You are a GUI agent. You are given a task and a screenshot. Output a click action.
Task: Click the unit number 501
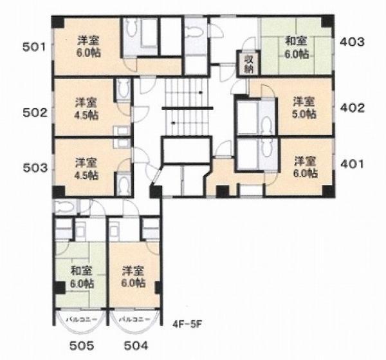point(34,47)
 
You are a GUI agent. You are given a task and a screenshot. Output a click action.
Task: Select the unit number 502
point(35,113)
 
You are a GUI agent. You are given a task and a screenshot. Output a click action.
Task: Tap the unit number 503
point(35,168)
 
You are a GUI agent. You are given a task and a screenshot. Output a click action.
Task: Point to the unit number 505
point(82,346)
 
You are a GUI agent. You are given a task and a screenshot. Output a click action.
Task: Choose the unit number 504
point(136,346)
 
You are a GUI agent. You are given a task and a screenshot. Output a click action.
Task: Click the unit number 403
point(352,42)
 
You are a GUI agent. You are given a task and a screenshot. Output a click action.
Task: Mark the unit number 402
point(353,108)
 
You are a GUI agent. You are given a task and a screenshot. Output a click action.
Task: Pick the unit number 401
point(352,164)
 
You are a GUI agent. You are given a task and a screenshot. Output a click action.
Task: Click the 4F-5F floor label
point(187,324)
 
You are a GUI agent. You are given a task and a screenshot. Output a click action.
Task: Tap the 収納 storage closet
point(249,64)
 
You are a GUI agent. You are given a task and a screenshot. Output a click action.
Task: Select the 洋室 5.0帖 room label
point(304,108)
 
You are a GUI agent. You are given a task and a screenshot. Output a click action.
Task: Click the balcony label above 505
point(82,319)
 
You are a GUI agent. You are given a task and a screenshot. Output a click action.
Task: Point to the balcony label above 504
point(134,319)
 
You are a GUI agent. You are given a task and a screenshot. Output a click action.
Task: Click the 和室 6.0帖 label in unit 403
point(297,48)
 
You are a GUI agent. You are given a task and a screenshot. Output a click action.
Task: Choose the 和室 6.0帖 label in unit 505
point(82,277)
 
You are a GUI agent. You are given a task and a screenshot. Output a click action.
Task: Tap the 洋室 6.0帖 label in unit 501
point(89,46)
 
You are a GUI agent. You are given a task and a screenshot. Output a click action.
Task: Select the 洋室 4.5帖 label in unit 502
point(86,109)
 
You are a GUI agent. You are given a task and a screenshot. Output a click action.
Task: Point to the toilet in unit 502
point(123,88)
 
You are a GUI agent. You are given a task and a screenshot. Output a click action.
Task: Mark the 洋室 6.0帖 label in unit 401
point(305,167)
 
